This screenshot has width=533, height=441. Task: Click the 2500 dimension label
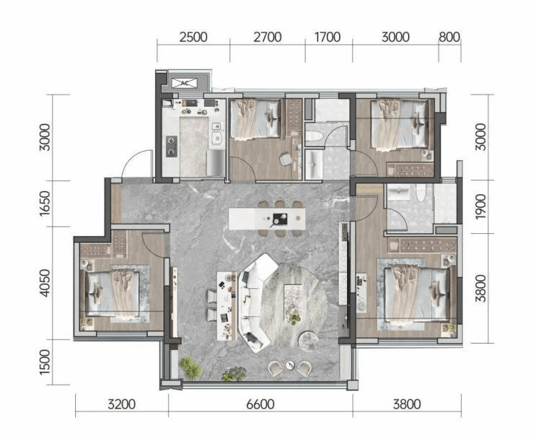point(193,37)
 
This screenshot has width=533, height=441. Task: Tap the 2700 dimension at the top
point(268,37)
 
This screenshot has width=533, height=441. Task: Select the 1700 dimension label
point(327,37)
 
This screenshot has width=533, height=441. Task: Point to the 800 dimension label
point(449,37)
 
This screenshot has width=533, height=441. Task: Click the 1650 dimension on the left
point(45,203)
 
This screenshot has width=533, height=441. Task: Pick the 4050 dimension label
point(45,283)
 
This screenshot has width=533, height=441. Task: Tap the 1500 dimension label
point(45,362)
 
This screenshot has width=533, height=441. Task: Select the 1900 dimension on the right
point(480,206)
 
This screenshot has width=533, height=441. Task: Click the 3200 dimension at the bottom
point(122,404)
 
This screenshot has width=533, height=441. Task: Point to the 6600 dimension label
point(260,404)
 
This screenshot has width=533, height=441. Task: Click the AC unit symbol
point(185,83)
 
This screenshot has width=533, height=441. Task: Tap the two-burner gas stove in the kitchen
point(172,147)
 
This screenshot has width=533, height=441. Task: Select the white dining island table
point(267,219)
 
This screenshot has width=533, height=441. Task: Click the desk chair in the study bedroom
point(286,159)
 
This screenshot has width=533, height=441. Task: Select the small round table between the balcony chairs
point(290,365)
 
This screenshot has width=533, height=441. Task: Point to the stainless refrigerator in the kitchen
point(216,162)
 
